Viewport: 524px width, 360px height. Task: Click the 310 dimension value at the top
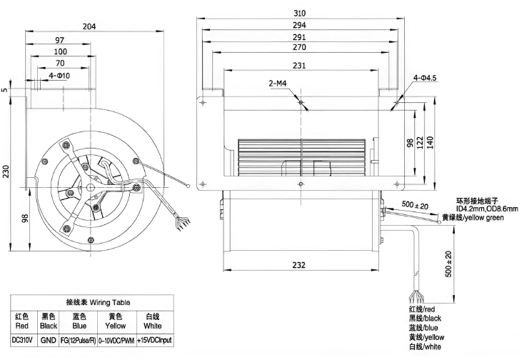point(299,13)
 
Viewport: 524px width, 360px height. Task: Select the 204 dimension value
point(89,26)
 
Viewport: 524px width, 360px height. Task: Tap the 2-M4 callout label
point(278,84)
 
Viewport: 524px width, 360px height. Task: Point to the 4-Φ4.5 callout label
point(425,78)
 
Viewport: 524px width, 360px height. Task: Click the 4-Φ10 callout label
point(59,76)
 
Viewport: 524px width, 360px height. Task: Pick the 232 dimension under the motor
point(298,265)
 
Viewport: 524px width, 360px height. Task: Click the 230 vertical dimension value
point(6,171)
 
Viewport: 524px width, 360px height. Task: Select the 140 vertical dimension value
point(430,143)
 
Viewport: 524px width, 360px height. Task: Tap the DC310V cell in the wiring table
point(22,341)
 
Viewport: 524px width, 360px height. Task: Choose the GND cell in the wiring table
point(48,341)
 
